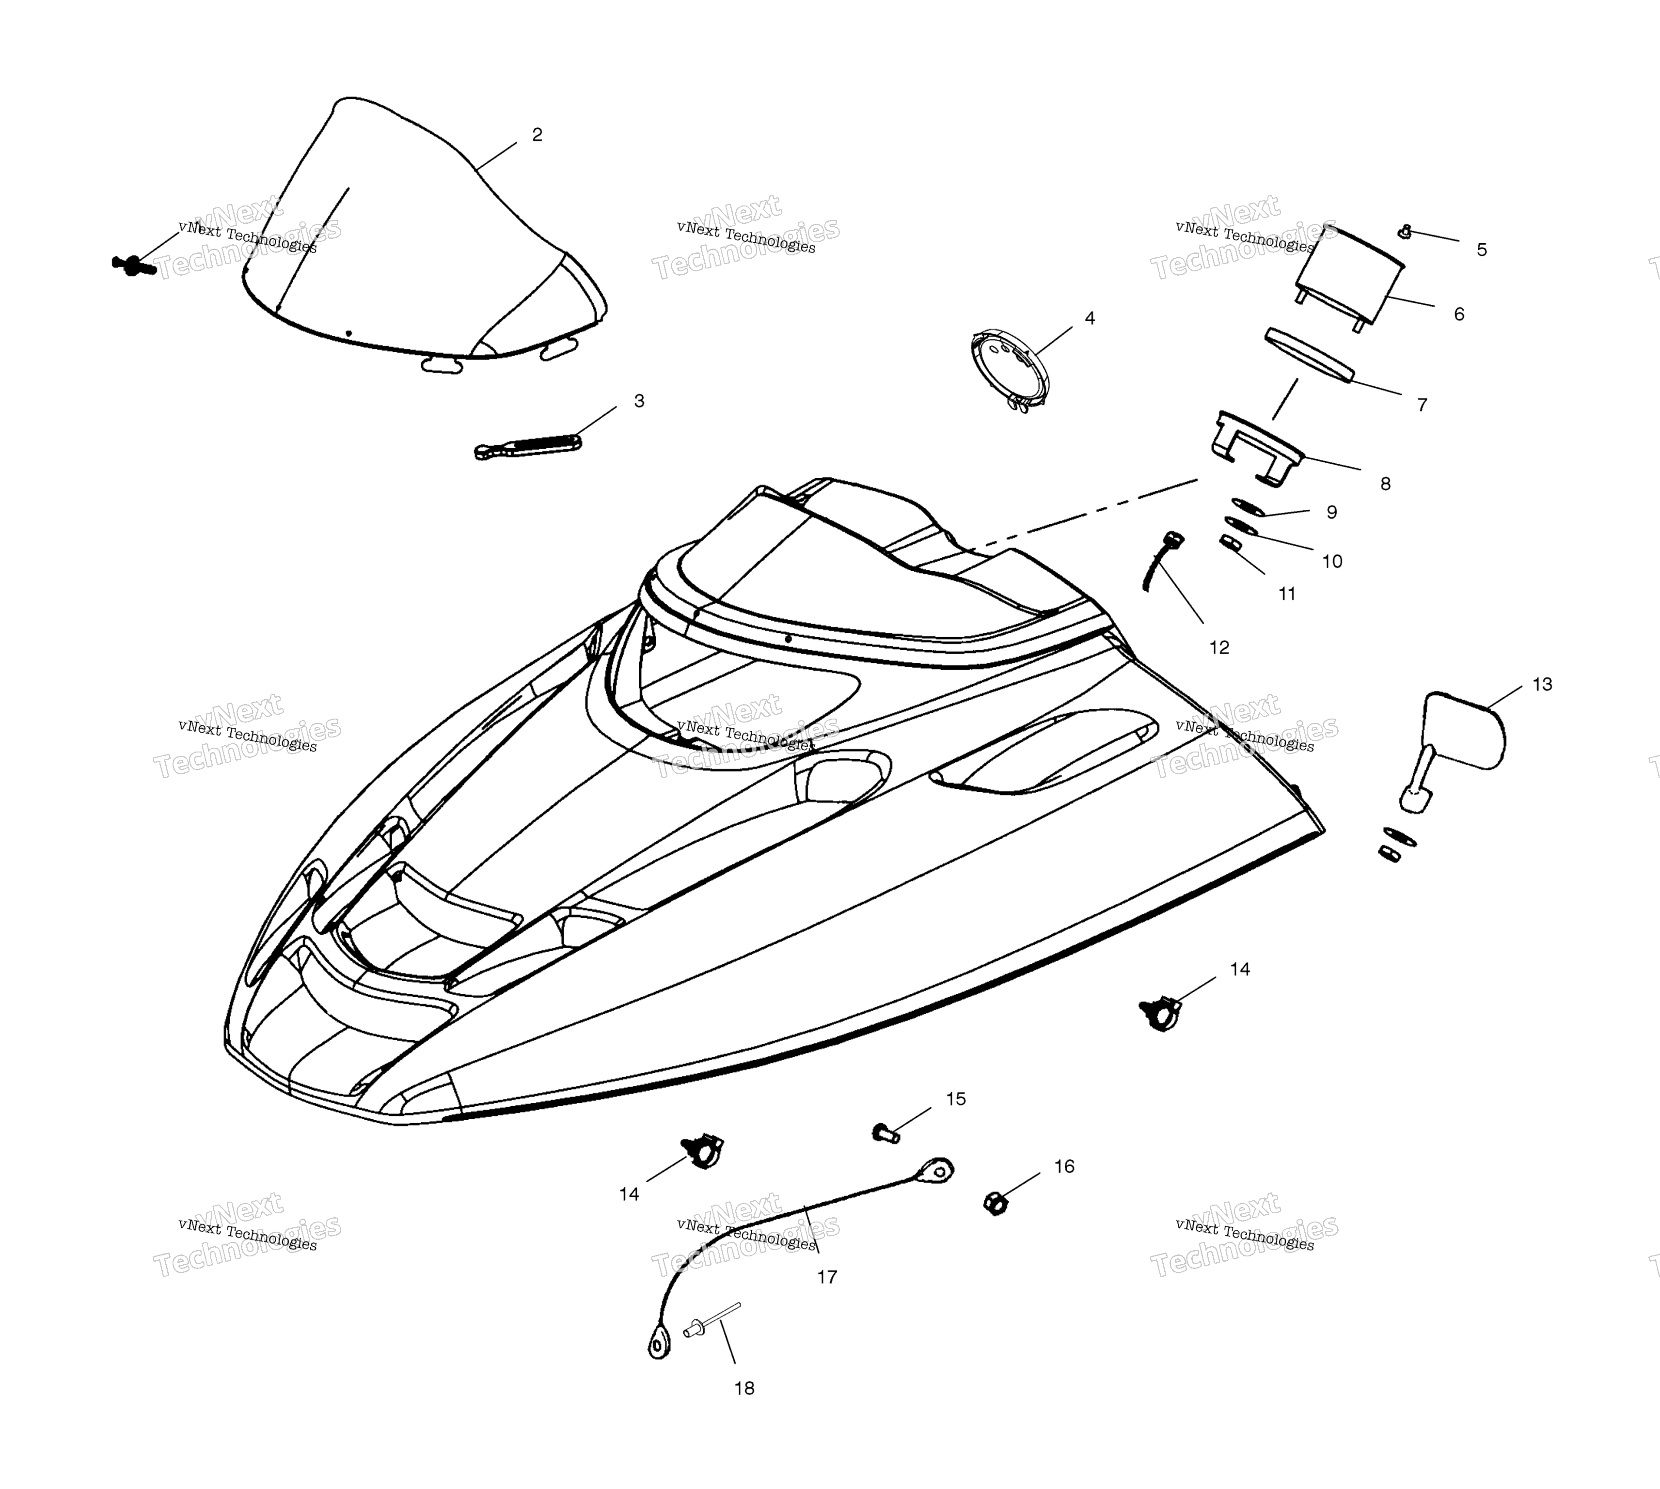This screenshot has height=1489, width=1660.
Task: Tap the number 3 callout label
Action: coord(639,401)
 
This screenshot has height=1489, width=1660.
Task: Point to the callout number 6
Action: coord(1459,314)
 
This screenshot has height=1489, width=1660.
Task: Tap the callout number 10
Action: coord(1332,561)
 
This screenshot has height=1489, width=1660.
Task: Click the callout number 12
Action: coord(1219,648)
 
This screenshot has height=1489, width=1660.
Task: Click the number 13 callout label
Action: coord(1542,684)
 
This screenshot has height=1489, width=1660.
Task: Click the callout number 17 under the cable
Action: coord(827,1277)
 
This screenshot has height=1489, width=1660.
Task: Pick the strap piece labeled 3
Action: coord(528,446)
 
